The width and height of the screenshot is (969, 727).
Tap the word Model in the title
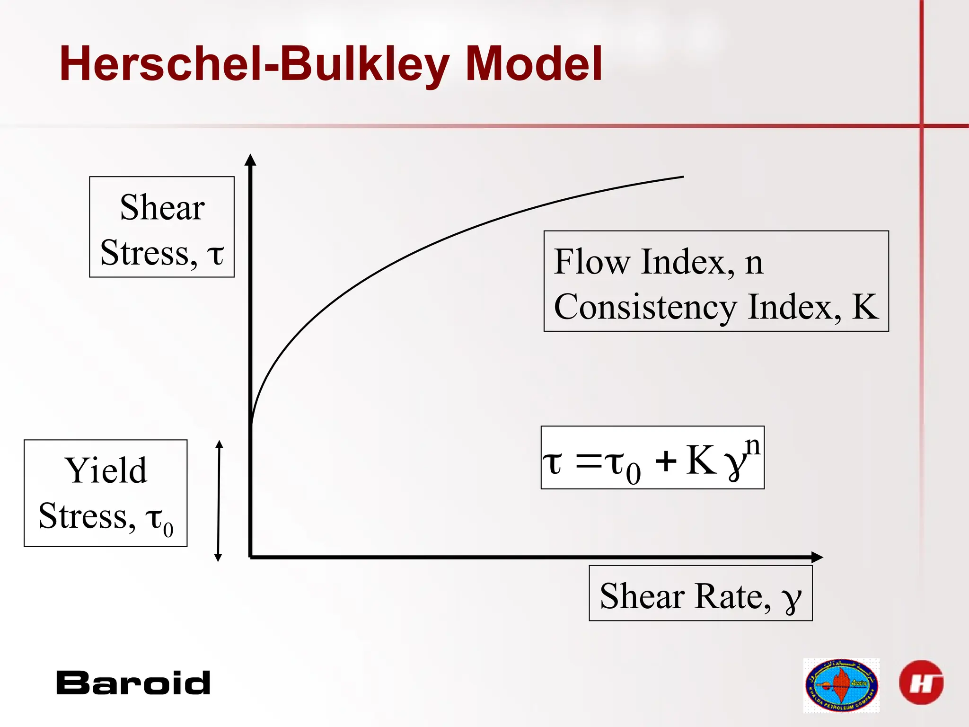coord(534,63)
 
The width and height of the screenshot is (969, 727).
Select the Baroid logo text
coord(133,683)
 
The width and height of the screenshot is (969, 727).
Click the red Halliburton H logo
coord(921,683)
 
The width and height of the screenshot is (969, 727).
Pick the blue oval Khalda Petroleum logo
coord(841,685)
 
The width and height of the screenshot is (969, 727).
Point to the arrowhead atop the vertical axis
coord(250,160)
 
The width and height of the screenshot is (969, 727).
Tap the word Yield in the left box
coord(106,470)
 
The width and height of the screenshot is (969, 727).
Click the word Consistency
coord(645,307)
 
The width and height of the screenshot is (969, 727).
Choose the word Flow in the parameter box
coord(591,261)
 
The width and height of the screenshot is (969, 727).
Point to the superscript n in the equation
coord(753,446)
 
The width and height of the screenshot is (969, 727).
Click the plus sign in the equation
coord(666,461)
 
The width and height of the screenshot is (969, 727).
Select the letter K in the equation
coord(700,460)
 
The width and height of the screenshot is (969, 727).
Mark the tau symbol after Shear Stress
coord(215,254)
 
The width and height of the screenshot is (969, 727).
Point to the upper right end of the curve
coord(683,177)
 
